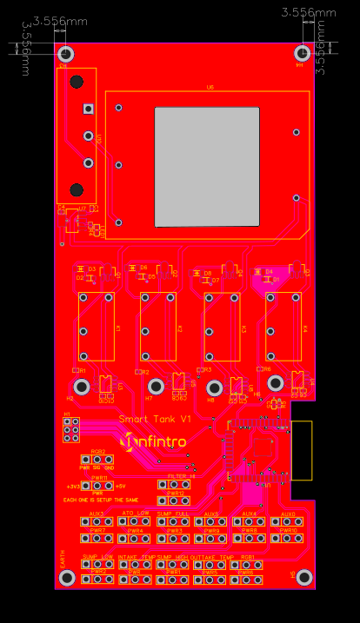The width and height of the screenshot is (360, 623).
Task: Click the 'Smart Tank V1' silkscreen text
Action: coord(154,420)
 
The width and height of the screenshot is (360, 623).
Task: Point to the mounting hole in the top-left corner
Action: coord(66,54)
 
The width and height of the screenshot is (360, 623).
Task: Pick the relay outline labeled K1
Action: coord(97,327)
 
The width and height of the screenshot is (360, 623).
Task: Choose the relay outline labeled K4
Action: coord(283,327)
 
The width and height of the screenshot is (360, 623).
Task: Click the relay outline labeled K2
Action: coord(158,327)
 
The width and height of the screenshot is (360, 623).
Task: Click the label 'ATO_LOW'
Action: coord(134,514)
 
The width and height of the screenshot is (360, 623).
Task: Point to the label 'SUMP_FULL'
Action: coord(173,514)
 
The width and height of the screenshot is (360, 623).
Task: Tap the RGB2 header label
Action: coord(98,452)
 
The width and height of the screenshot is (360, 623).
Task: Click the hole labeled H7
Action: coord(155,386)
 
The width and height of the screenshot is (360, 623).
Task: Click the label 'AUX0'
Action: coord(289,514)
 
